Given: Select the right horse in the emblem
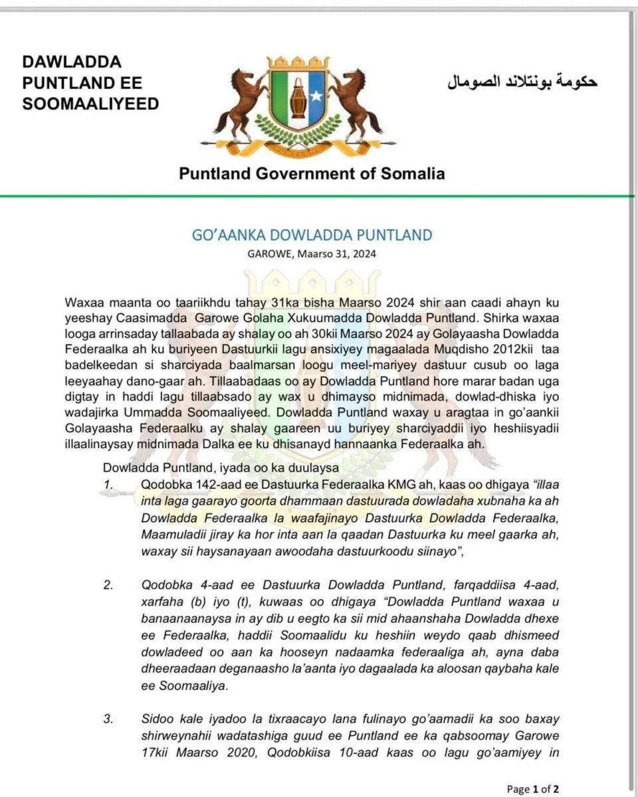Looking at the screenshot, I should click(356, 100).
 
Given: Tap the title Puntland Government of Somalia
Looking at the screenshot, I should click(312, 174).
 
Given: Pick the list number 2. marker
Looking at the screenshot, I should click(108, 585).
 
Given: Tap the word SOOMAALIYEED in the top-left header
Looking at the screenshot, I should click(90, 104).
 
